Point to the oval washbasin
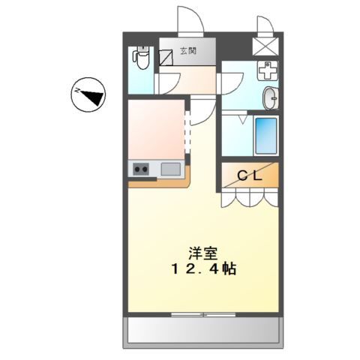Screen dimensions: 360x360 [270, 97]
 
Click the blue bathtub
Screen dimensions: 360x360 [265, 134]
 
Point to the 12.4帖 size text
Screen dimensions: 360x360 [201, 269]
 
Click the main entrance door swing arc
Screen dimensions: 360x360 [187, 19]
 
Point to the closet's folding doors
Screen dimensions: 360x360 [250, 196]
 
